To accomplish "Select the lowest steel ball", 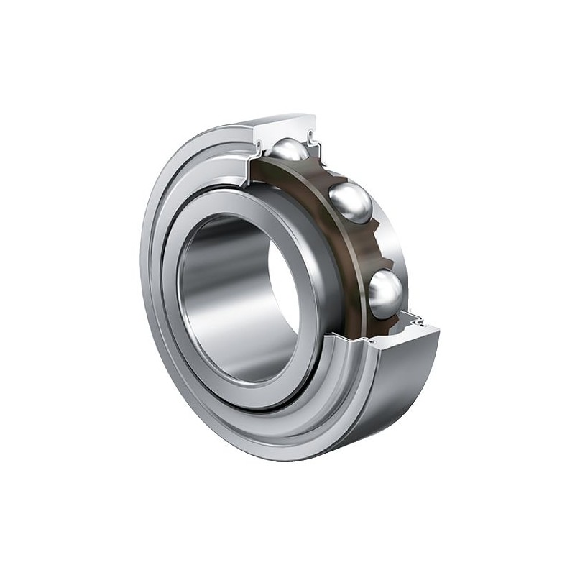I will (x=386, y=290).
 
